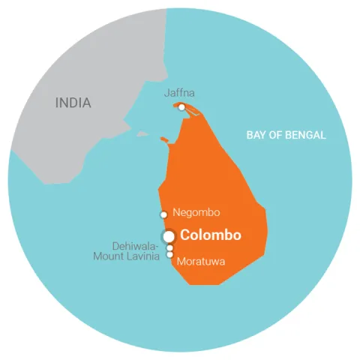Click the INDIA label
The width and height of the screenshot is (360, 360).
coord(73,103)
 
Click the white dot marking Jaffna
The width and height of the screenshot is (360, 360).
coord(181,107)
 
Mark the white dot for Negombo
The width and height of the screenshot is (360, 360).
coord(164,214)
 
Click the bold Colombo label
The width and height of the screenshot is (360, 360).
coord(211,235)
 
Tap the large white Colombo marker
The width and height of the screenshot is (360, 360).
coord(169,235)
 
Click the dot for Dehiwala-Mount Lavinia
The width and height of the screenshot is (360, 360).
coord(170,248)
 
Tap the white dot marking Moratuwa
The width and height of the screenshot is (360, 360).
coord(170,256)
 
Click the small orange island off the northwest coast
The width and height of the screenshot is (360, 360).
coord(164,139)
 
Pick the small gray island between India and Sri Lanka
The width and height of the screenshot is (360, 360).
coord(142,134)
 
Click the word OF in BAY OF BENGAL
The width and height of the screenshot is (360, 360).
coord(275,136)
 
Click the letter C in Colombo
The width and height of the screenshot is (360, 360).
coord(186,235)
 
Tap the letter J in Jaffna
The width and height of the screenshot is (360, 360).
coord(166,94)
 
